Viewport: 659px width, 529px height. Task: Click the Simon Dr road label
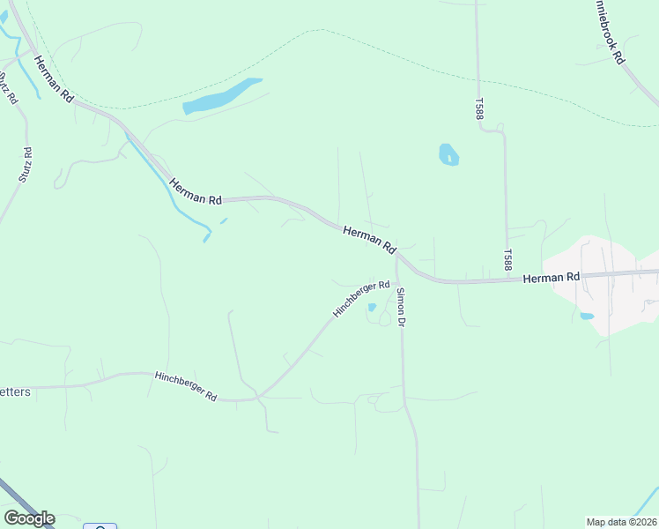click(x=401, y=308)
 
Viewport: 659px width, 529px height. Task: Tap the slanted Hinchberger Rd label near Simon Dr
click(x=361, y=300)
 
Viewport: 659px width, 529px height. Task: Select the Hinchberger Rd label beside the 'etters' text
click(x=186, y=387)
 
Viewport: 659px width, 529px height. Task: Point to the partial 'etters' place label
click(x=15, y=391)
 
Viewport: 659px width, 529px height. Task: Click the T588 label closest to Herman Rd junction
click(x=507, y=259)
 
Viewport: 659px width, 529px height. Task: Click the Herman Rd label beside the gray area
click(x=551, y=278)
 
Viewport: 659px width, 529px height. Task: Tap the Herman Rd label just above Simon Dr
click(x=369, y=240)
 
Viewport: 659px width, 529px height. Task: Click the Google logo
click(x=29, y=518)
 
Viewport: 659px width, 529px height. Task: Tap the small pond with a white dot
click(x=448, y=155)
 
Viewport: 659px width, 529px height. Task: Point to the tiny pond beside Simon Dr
click(x=372, y=308)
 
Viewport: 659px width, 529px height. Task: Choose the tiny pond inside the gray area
click(x=587, y=316)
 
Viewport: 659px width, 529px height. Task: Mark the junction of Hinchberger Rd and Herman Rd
click(x=397, y=258)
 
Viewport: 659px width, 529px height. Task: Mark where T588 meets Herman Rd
click(x=509, y=280)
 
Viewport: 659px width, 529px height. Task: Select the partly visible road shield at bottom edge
click(x=100, y=526)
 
